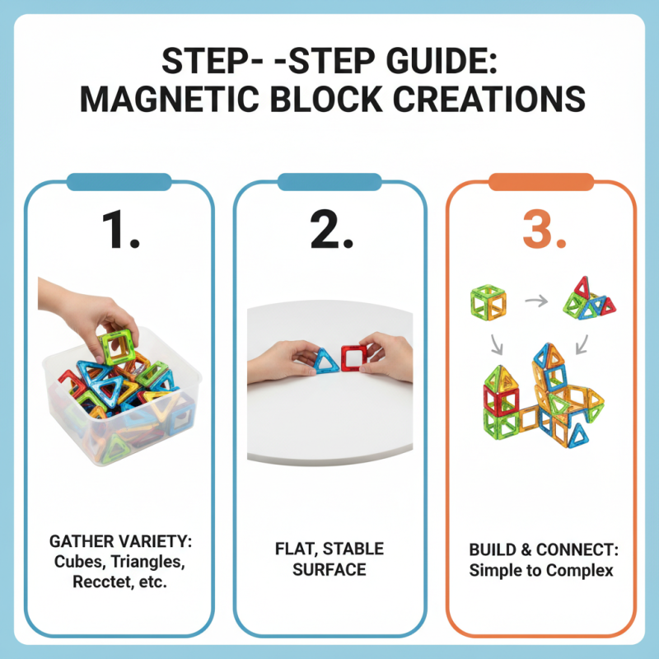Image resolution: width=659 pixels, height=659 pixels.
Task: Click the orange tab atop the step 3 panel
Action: pos(541,181)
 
